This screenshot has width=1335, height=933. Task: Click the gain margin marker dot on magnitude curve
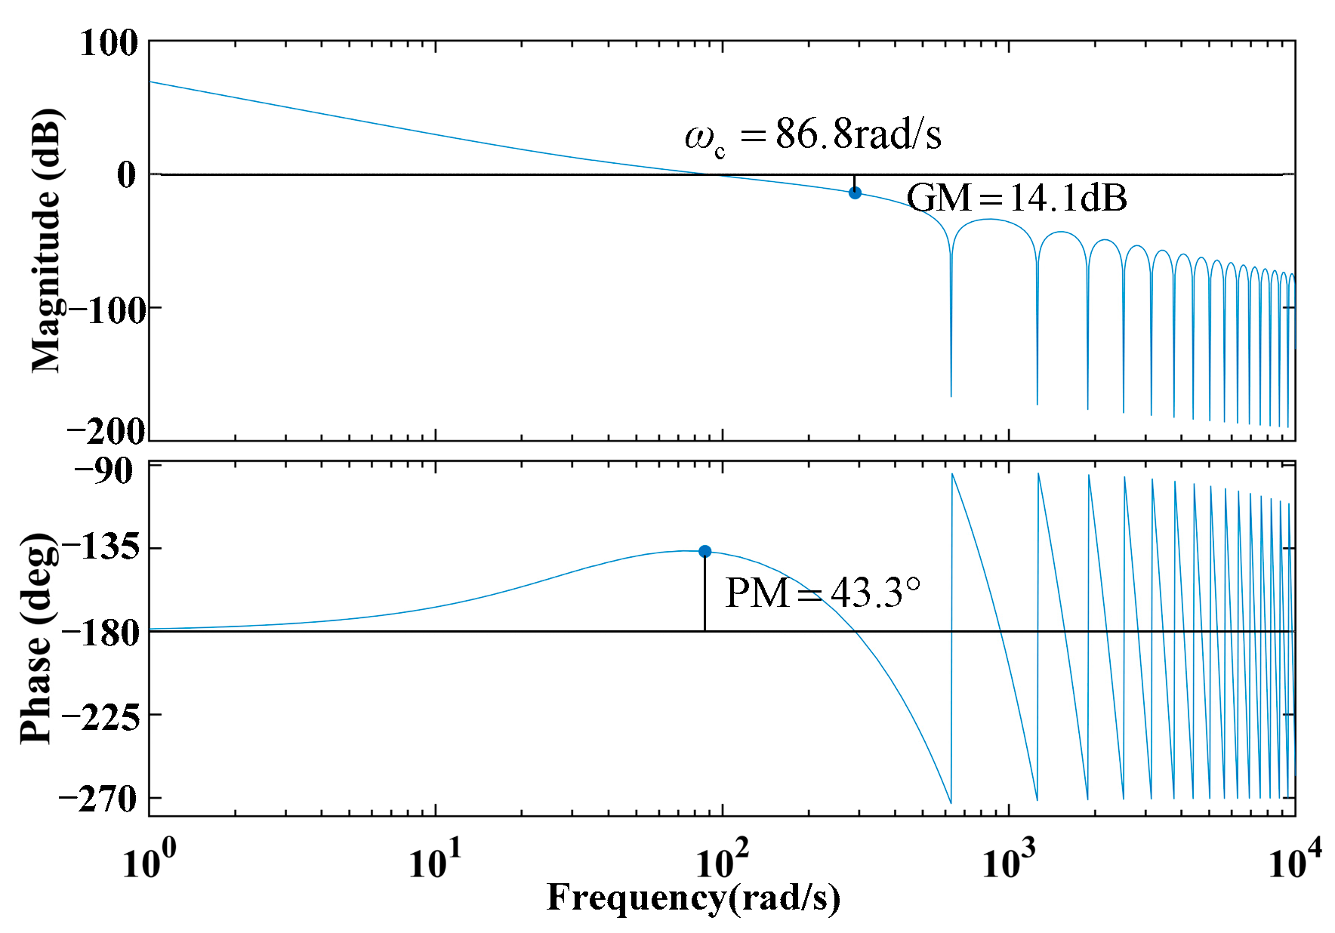855,192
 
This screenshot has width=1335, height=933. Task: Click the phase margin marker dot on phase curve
704,551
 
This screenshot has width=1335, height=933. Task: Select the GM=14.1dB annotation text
1016,199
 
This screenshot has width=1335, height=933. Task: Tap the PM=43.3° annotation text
822,593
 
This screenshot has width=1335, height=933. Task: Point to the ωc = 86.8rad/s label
812,136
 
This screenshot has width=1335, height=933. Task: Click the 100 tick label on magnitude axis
109,43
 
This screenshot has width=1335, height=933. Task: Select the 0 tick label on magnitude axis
126,175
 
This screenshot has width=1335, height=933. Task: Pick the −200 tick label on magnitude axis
105,432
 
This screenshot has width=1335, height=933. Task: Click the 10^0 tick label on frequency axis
149,861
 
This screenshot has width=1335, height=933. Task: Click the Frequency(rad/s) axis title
692,899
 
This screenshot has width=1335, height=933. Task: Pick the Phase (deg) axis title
38,638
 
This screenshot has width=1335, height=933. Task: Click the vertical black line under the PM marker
704,596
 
